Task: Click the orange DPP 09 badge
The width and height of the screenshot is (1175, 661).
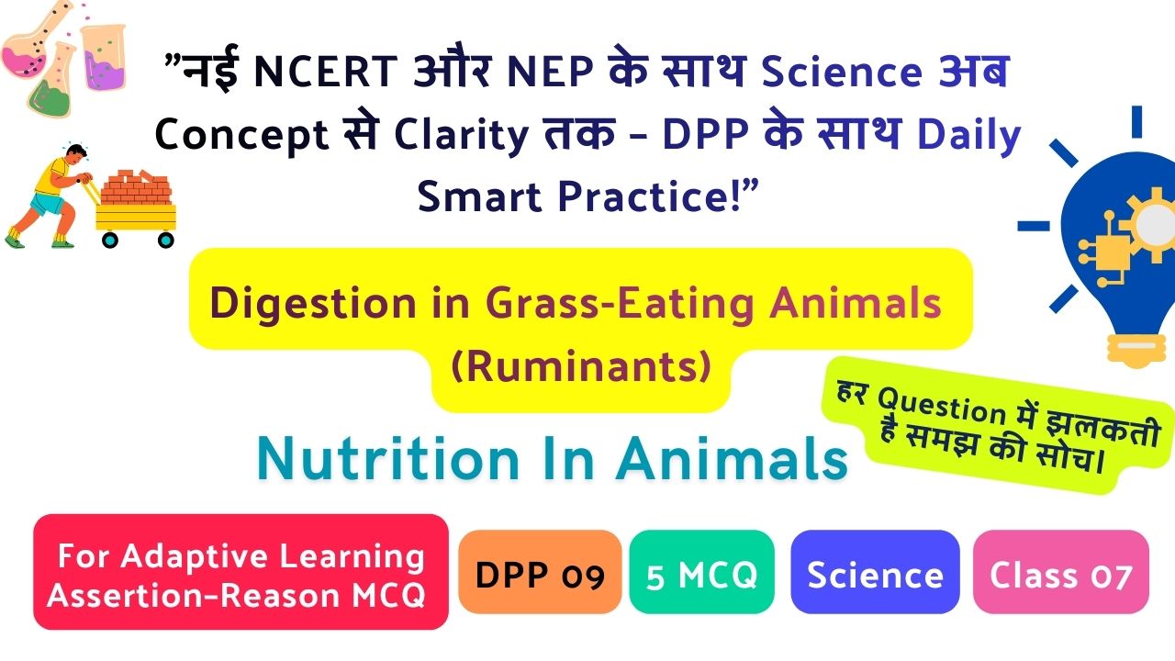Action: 540,572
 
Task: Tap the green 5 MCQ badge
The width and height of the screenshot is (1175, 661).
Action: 702,572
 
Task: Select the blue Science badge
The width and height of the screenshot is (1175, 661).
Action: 875,572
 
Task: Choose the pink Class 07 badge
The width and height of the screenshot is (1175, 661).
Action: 1060,572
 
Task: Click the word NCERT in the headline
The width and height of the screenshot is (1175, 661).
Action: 325,72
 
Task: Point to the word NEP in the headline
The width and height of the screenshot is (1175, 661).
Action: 550,72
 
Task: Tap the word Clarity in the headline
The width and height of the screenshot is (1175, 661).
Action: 461,135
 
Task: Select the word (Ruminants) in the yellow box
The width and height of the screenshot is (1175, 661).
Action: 581,366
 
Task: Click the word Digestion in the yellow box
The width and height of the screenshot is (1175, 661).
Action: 313,304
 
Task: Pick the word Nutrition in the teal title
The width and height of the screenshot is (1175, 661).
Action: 388,459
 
